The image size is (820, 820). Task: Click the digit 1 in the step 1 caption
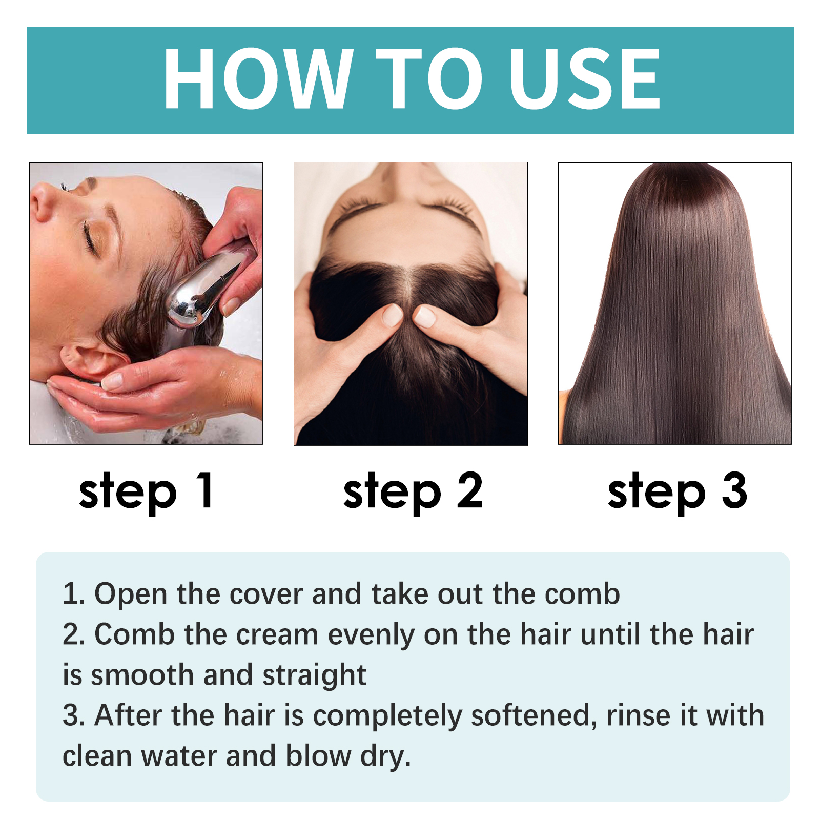(x=206, y=490)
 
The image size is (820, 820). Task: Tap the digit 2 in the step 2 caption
(x=469, y=490)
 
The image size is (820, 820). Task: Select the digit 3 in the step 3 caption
(x=734, y=490)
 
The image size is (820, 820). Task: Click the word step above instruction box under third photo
(x=656, y=492)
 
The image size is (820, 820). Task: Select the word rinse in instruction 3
(x=638, y=715)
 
